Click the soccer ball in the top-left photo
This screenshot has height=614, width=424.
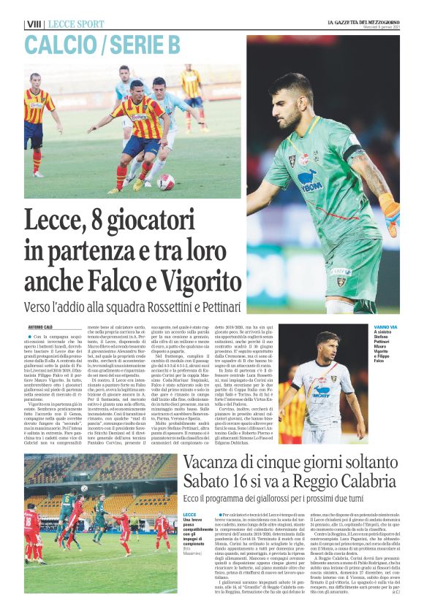click(165, 182)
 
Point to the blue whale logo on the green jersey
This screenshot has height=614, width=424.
click(307, 180)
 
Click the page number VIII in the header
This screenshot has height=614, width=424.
click(34, 24)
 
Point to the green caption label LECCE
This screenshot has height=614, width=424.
click(189, 515)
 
